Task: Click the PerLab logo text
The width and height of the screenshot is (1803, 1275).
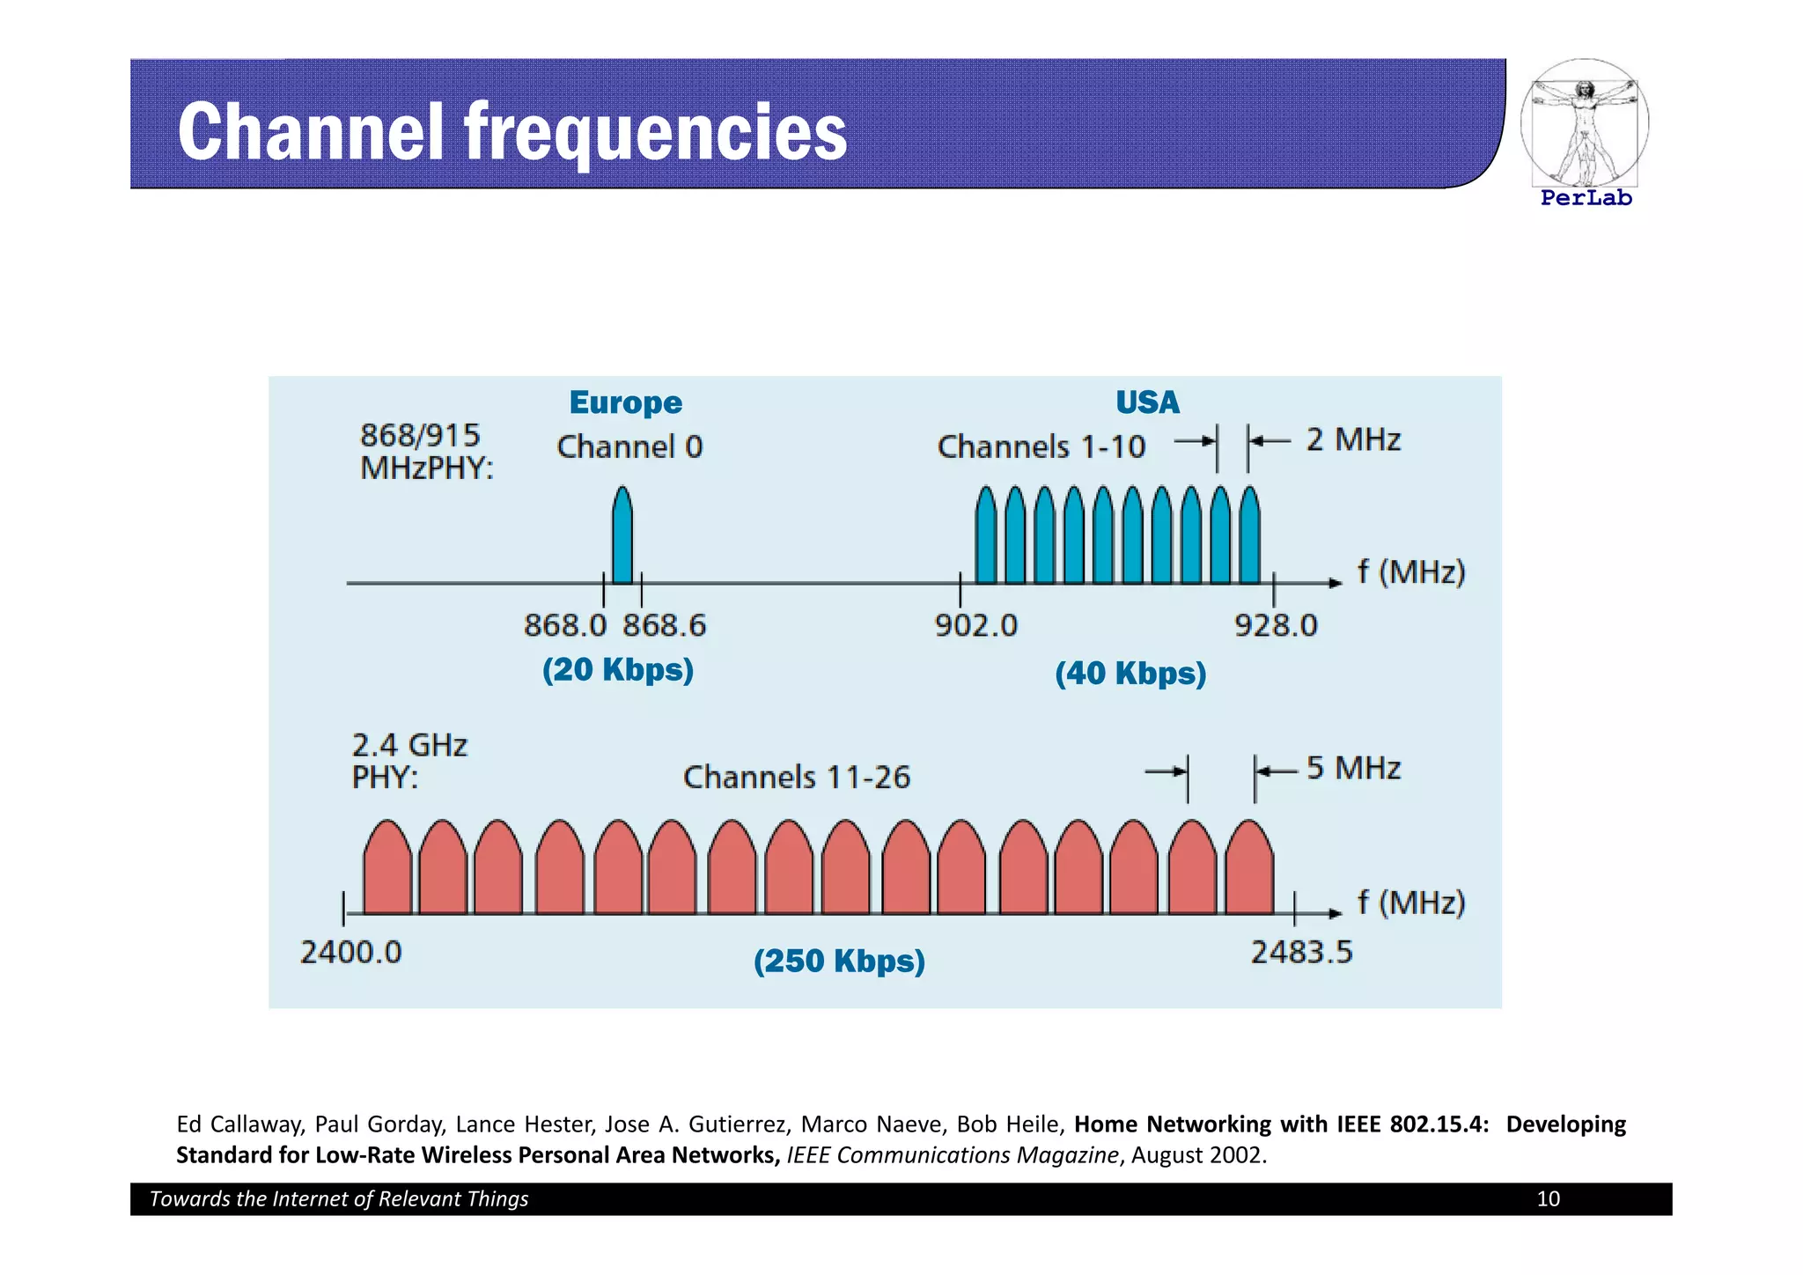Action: point(1586,198)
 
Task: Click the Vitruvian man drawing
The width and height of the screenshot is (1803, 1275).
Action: point(1584,123)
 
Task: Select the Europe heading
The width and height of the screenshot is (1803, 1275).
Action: point(625,402)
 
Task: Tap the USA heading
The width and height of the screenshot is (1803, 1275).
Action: point(1147,402)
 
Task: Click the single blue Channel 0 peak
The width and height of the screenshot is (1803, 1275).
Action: point(622,537)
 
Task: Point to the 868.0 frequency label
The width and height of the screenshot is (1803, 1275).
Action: point(565,626)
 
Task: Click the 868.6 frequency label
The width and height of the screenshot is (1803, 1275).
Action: point(665,626)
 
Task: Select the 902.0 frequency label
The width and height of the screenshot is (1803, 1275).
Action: point(975,626)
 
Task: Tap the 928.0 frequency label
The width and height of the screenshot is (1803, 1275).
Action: point(1276,626)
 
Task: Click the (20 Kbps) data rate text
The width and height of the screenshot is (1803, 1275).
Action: point(618,670)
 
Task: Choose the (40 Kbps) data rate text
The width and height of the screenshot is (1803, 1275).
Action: point(1130,674)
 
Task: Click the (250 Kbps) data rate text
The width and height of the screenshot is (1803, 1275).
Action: point(839,961)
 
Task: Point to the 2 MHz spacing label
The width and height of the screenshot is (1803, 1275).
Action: point(1353,439)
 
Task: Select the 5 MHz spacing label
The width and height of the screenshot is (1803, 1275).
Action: point(1353,769)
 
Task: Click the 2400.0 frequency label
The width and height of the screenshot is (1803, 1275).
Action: point(350,953)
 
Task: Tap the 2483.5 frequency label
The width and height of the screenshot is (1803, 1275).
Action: point(1301,953)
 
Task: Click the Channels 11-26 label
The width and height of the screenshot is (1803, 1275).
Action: point(796,778)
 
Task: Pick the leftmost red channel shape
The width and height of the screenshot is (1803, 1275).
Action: point(387,870)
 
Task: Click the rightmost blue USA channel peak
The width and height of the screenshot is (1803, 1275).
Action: point(1249,537)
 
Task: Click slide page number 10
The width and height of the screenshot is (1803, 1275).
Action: point(1548,1199)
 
